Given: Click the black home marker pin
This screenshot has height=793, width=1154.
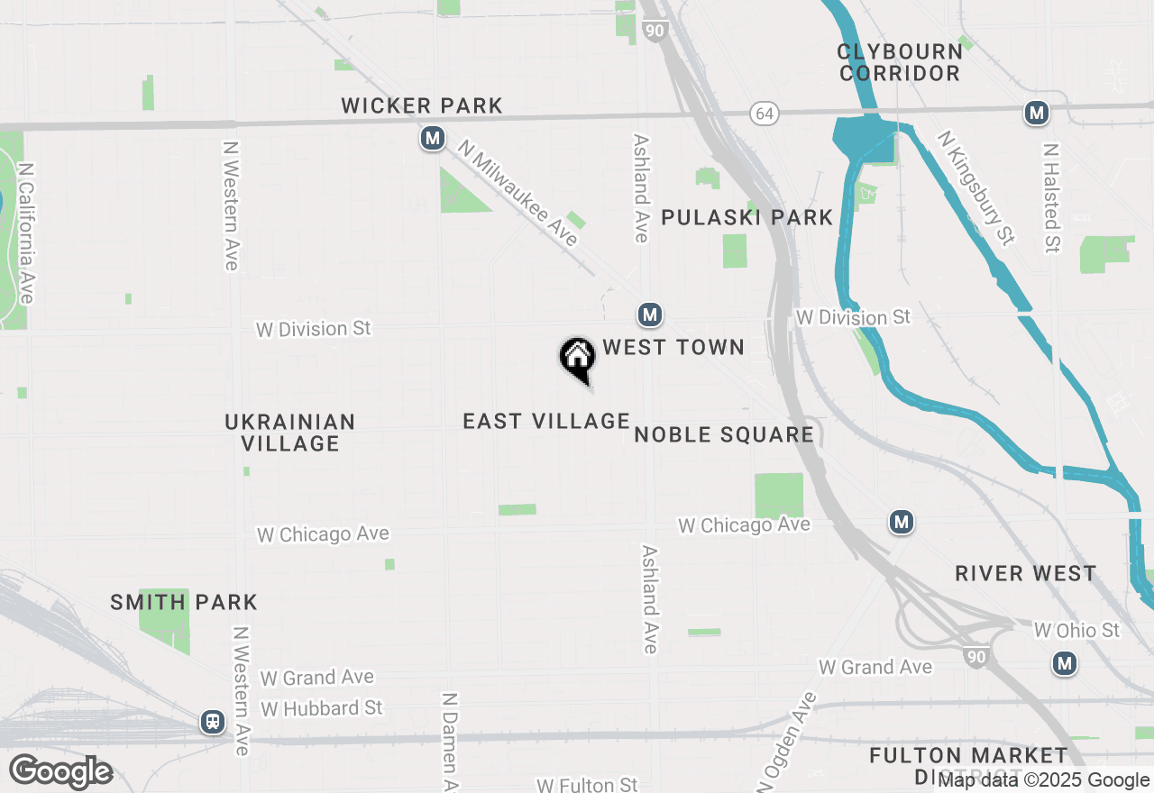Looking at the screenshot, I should [x=577, y=359].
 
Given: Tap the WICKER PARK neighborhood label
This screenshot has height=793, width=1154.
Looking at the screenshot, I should [x=422, y=105].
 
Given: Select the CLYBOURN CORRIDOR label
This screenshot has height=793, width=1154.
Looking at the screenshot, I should [x=899, y=62].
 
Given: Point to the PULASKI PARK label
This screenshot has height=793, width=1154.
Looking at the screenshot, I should [x=747, y=217].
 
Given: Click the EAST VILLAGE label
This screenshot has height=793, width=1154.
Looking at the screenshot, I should [x=546, y=421].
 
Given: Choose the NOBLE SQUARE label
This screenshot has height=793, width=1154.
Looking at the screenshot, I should [x=724, y=435].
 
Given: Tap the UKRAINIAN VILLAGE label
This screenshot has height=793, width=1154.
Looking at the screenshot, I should [x=290, y=433].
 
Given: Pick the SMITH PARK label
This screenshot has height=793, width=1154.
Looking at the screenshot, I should [x=184, y=602].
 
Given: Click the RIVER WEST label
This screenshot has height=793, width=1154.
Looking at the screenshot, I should [x=1026, y=573].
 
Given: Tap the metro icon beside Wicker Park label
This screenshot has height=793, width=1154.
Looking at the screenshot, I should [x=434, y=139].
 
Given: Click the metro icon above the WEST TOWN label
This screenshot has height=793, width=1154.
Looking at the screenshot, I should [x=649, y=314].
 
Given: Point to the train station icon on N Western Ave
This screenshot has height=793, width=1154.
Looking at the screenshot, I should [x=213, y=722].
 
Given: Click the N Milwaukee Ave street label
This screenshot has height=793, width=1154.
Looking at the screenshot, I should [x=517, y=193].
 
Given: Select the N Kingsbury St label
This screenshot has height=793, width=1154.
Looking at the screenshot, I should [x=976, y=187].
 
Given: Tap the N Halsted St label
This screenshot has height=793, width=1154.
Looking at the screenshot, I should [x=1050, y=197].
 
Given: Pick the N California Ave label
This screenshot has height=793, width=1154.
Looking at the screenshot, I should [x=26, y=233].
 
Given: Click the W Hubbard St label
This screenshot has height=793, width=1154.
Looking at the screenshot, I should [x=322, y=708].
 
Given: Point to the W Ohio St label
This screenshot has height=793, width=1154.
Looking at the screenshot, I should [x=1076, y=630].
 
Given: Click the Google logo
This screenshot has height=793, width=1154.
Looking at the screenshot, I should [x=61, y=772].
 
